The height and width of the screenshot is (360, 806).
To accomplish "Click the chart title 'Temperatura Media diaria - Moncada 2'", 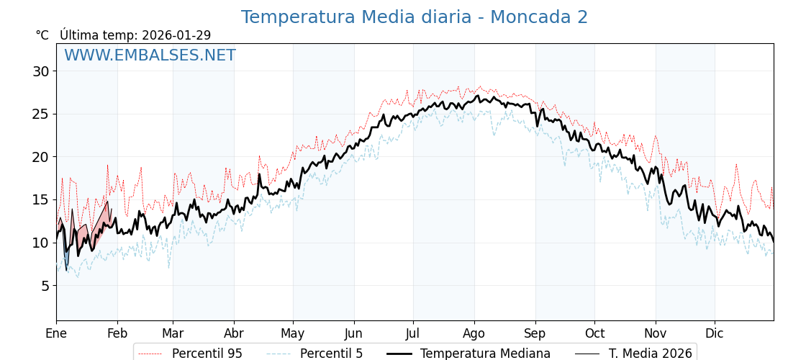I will point(414,17).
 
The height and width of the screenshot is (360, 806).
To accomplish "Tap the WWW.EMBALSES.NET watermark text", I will point(150,55).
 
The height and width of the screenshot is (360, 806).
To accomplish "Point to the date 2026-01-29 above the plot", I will point(176,35).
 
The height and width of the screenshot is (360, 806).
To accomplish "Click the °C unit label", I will point(42,35).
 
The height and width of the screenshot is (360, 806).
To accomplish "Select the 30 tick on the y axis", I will point(40,71).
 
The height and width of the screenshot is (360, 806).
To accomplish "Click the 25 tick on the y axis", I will point(40,114).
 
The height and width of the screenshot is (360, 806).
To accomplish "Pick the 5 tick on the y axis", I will point(44,286).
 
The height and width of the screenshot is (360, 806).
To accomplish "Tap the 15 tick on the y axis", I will point(40,199).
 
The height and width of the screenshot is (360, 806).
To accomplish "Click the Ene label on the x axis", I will point(56,333).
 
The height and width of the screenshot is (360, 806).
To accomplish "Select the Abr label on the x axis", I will point(234,333).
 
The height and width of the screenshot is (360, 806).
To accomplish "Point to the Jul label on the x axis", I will point(413,333).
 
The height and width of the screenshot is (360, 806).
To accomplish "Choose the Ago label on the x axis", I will point(474,333).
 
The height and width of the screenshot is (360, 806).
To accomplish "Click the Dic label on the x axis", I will point(715,333).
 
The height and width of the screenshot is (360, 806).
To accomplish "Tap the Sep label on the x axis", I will point(535,333).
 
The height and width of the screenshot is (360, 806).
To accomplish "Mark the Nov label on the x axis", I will point(656,333).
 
